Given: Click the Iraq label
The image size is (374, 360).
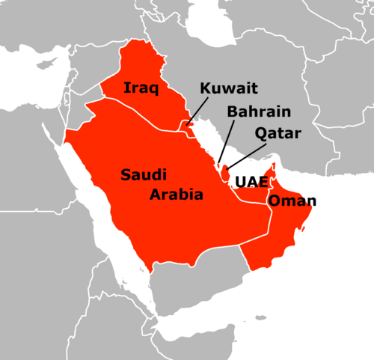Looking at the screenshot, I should (x=141, y=88).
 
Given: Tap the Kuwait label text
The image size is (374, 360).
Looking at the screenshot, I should (x=228, y=89).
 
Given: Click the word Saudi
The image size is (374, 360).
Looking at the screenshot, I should (x=145, y=174).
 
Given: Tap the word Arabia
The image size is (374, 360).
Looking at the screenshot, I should (x=176, y=195).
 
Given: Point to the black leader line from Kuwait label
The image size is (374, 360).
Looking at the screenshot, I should (x=196, y=112).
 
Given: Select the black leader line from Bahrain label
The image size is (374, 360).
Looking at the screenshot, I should (x=221, y=142).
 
